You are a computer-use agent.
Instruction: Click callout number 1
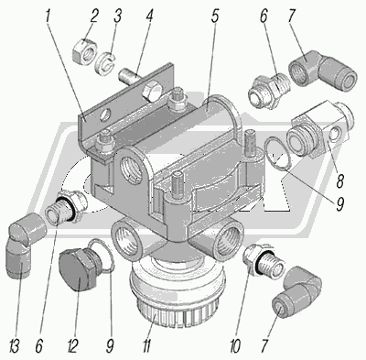pos(48,16)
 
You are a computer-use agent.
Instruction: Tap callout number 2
pos(92,16)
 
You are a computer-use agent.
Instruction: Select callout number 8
pos(339,181)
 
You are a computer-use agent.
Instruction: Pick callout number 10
pos(236,346)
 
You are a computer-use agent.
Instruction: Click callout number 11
pos(146,346)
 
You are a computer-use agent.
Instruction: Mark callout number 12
pos(73,346)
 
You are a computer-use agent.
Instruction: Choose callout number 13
pos(15,346)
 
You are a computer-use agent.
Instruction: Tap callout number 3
pos(117,16)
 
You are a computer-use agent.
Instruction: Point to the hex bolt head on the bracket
pos(152,92)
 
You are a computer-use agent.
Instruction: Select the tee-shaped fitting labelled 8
pos(320,129)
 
